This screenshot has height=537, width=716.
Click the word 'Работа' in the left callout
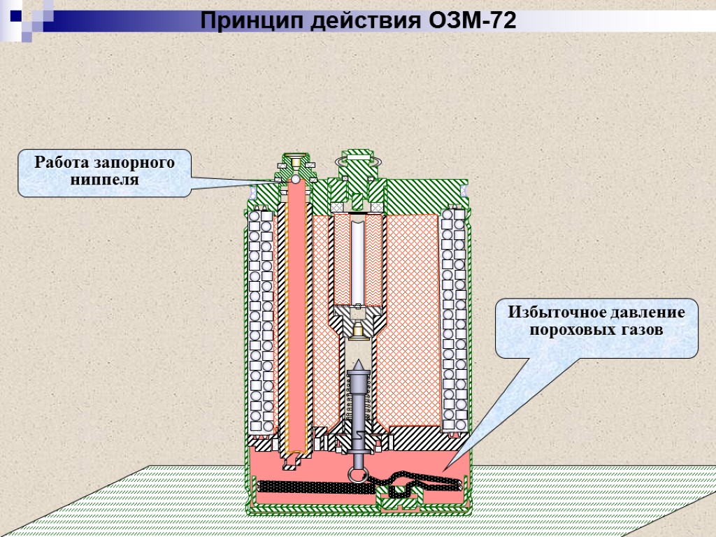[x=62, y=164]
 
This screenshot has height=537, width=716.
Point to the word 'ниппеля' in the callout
[x=105, y=180]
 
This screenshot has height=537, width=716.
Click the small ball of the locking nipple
[x=296, y=180]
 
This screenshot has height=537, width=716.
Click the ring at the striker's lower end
[x=357, y=474]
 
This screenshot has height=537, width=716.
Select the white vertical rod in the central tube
[x=357, y=259]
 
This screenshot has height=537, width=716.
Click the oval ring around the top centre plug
[x=357, y=162]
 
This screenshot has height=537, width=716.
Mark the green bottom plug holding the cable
[x=398, y=499]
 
